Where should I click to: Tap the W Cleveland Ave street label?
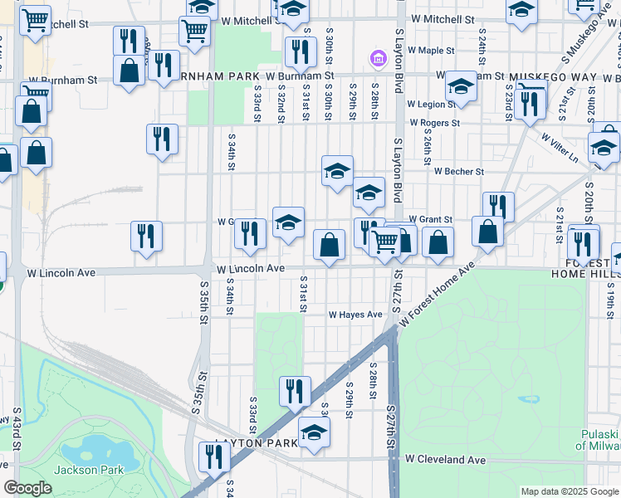tap(445, 459)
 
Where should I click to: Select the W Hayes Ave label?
tap(355, 315)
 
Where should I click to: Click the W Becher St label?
tap(458, 172)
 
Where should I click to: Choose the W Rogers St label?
tap(434, 124)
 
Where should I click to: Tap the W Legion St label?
tap(430, 105)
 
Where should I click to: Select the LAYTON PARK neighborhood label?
tap(256, 443)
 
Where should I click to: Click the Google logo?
tap(28, 488)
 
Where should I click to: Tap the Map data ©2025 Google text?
tap(570, 491)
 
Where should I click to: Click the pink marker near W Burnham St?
tap(377, 59)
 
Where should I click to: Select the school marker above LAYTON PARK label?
tap(314, 432)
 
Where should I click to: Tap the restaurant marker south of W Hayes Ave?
tap(295, 392)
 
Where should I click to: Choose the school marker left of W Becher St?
tap(337, 171)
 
